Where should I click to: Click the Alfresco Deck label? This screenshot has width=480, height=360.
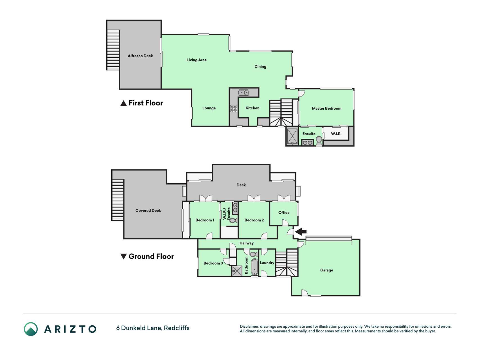(140, 56)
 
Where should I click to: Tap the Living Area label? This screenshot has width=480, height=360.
(197, 60)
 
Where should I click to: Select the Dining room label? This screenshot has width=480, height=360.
(260, 67)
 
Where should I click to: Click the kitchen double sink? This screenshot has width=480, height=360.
(244, 92)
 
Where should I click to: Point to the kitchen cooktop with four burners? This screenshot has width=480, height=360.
(234, 108)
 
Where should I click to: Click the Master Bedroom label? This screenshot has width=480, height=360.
(327, 108)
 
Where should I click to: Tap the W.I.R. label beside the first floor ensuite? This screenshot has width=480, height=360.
(336, 134)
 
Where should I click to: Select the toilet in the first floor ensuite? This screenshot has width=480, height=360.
(319, 141)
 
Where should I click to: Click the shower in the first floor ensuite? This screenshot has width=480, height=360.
(292, 136)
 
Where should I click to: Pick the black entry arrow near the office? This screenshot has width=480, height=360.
(301, 232)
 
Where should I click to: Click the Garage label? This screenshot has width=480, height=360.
(327, 270)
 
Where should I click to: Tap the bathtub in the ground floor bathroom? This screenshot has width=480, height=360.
(255, 267)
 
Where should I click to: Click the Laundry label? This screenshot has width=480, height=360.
(267, 263)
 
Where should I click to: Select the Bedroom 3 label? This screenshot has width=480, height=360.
(213, 263)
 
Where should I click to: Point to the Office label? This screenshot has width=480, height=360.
(284, 213)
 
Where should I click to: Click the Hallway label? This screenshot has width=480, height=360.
(247, 243)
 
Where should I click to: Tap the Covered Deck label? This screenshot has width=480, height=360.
(148, 211)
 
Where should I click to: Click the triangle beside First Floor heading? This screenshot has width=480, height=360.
(123, 103)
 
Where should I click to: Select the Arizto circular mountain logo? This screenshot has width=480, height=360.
(31, 329)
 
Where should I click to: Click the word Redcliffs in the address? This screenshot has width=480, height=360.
(177, 328)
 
